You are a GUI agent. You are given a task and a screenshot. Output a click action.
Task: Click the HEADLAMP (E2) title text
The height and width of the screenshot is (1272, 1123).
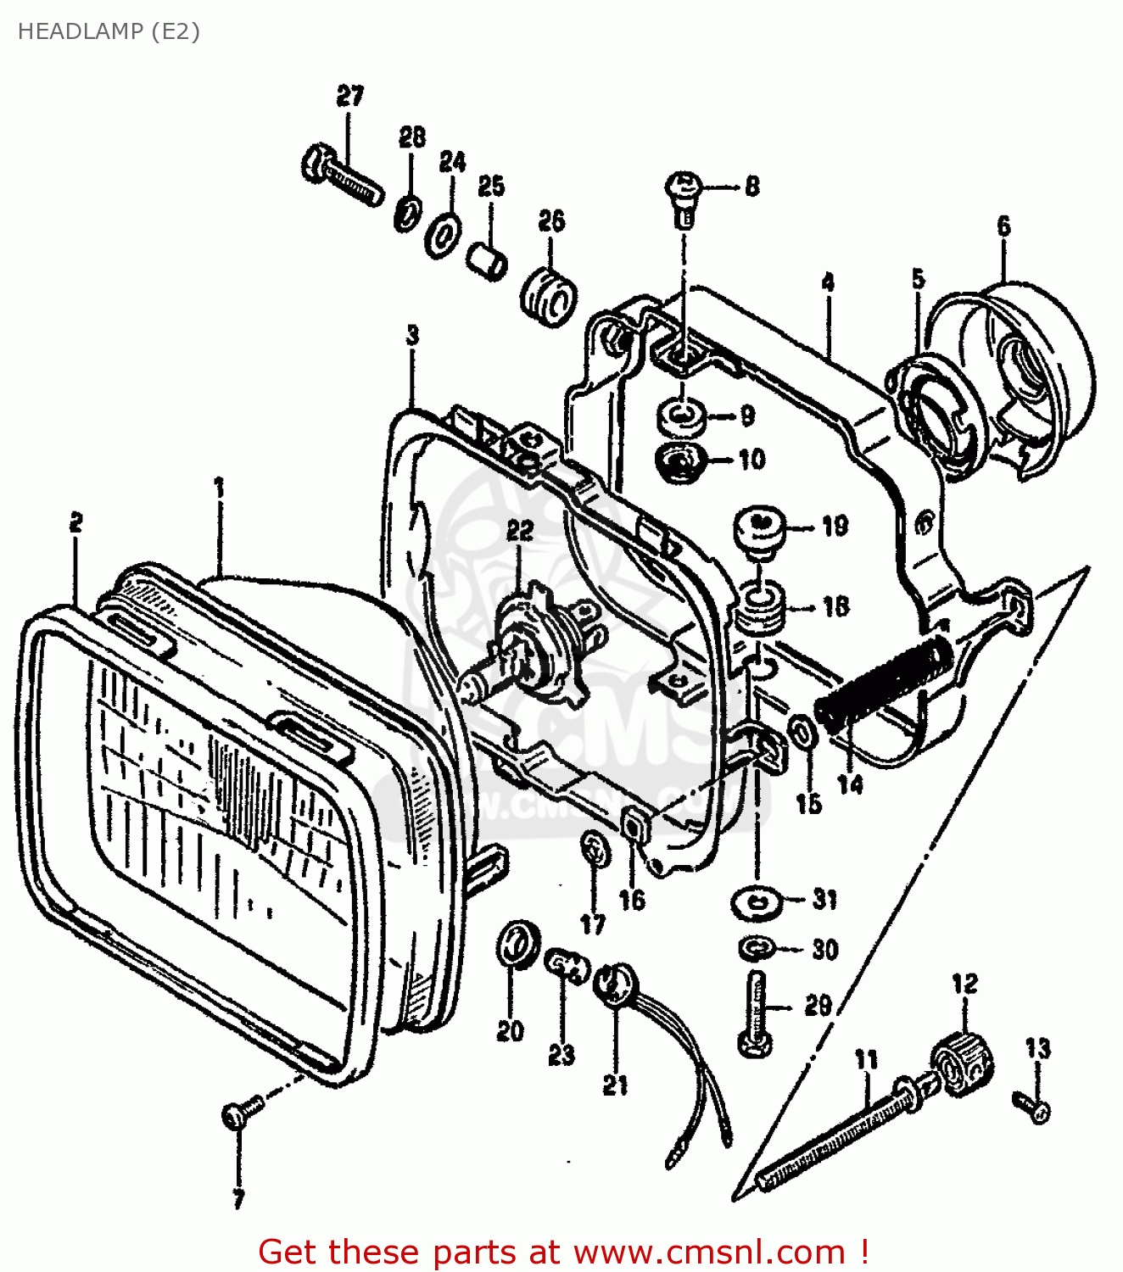(109, 31)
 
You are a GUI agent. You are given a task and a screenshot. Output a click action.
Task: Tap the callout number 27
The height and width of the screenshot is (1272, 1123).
(349, 96)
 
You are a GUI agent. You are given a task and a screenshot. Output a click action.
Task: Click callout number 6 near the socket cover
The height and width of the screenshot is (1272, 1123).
(1003, 226)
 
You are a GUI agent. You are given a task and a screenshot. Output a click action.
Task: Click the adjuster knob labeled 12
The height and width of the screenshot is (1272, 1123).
(963, 1064)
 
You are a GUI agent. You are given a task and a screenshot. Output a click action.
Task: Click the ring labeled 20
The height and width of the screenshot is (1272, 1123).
(517, 941)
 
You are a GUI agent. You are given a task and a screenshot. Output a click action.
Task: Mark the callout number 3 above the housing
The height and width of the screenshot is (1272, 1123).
(412, 335)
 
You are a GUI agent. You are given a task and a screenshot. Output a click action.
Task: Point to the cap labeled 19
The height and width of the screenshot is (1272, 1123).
(760, 529)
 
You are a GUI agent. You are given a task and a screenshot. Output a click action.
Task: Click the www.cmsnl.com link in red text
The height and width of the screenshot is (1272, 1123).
(709, 1252)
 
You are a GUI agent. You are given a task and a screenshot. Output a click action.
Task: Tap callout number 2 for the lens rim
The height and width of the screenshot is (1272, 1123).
(76, 522)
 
